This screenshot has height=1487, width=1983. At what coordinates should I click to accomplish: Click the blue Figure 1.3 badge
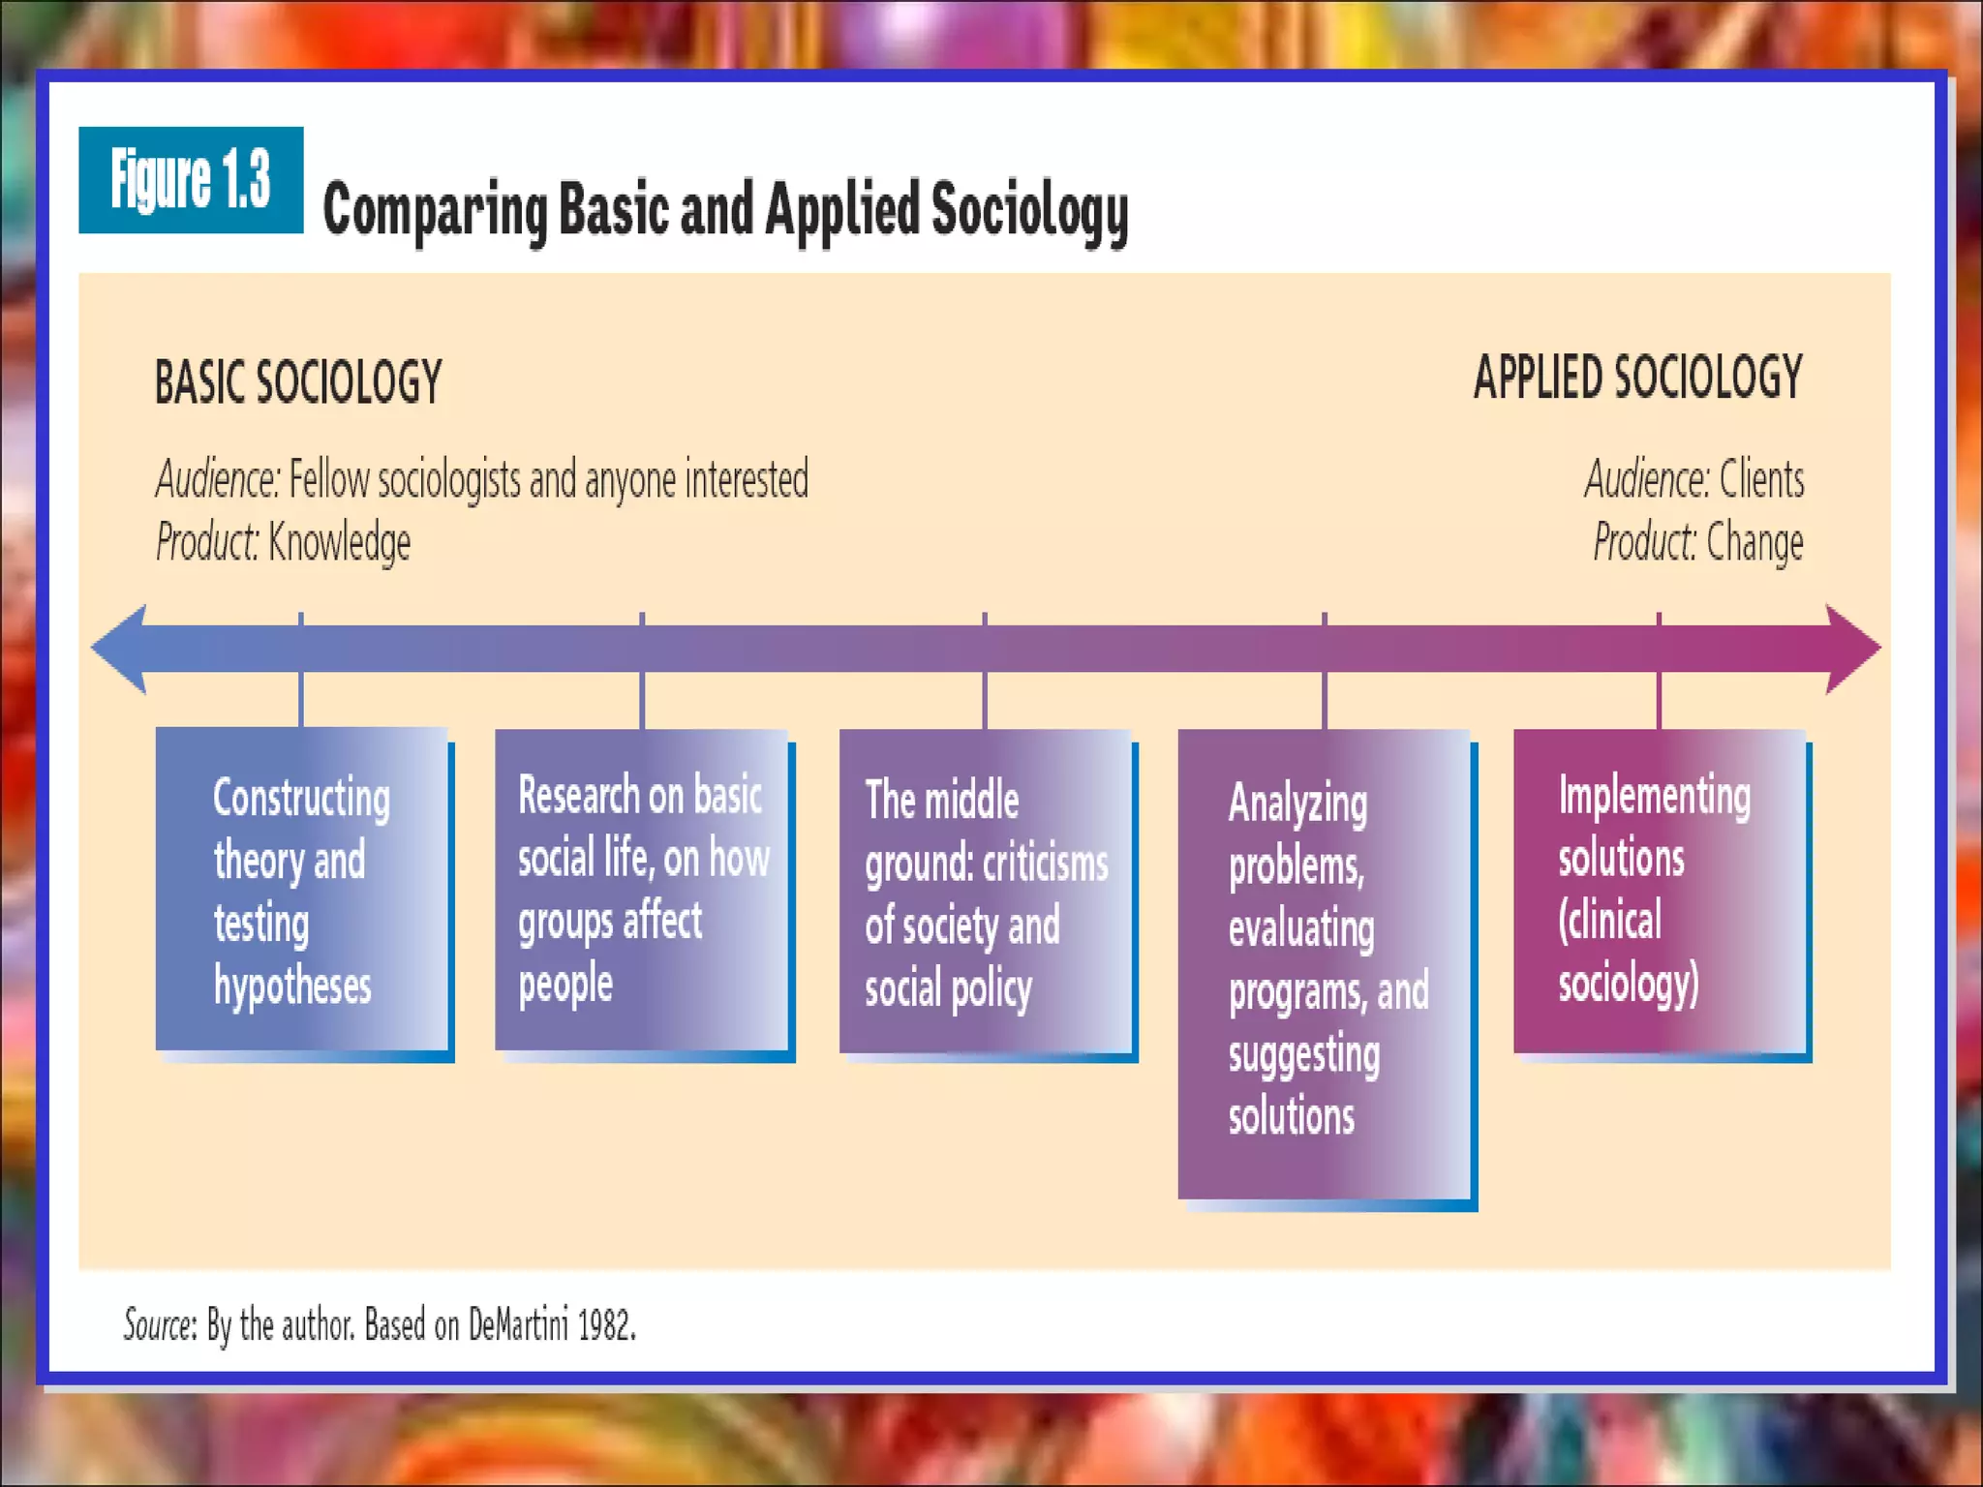pos(191,180)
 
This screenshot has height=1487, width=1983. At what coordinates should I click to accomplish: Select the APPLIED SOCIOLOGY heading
pos(1637,377)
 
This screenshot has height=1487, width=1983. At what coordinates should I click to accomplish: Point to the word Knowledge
pos(339,542)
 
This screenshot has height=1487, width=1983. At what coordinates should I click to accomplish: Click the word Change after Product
pos(1754,542)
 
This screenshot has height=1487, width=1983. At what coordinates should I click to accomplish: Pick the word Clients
pos(1761,479)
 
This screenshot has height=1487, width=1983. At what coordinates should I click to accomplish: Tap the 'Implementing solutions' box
pos(1660,891)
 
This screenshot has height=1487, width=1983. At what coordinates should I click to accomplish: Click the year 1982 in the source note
pos(606,1324)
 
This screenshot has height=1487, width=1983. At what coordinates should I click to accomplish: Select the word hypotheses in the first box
pos(292,986)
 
